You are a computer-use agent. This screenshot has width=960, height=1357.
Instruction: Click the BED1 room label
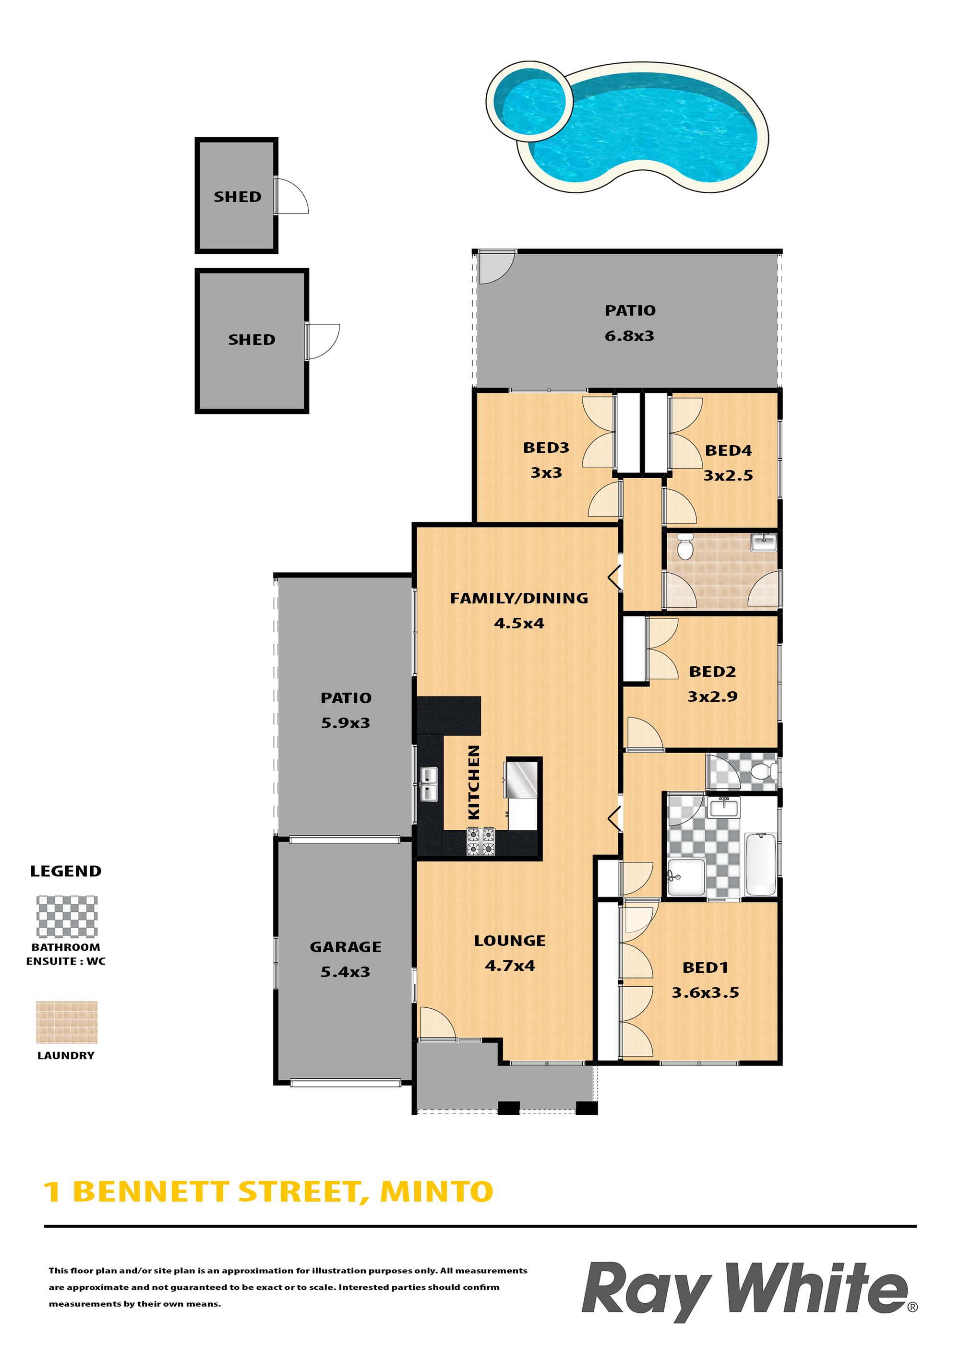tap(705, 968)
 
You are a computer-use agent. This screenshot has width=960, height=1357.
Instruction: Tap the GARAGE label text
tap(346, 947)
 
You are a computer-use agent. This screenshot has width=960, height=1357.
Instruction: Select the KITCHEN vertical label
tap(473, 782)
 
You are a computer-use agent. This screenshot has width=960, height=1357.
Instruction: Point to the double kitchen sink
tap(429, 784)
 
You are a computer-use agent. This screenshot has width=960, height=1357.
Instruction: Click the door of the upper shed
tap(292, 195)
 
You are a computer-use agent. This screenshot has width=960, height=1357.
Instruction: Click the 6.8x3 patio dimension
tap(629, 336)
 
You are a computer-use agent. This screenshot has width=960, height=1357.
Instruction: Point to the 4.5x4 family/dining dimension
tap(519, 623)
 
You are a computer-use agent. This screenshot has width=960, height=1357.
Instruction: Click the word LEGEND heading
tap(66, 871)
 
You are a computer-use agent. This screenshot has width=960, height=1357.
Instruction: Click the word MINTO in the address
tap(436, 1192)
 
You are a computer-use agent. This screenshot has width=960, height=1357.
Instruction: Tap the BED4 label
tap(728, 450)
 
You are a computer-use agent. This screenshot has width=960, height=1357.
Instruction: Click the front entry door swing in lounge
tap(437, 1023)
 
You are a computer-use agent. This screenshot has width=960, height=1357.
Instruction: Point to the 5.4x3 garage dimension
tap(346, 972)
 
